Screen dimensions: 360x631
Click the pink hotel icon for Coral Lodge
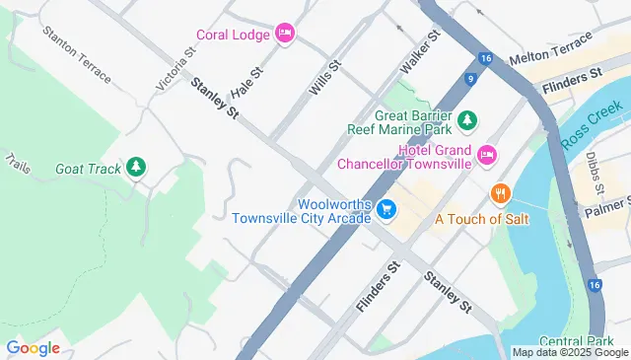pos(284,34)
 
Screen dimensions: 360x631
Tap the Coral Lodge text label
pos(233,34)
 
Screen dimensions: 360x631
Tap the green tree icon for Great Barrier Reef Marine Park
pos(469,119)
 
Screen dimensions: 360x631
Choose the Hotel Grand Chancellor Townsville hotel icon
pos(486,155)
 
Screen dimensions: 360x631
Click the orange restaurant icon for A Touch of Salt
pos(501,191)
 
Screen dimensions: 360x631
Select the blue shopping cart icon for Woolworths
pos(386,209)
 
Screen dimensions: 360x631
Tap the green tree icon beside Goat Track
pos(136,168)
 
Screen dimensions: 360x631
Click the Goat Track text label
pos(88,169)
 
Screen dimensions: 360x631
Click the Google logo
pos(33,347)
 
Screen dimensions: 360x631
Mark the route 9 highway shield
pos(473,78)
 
